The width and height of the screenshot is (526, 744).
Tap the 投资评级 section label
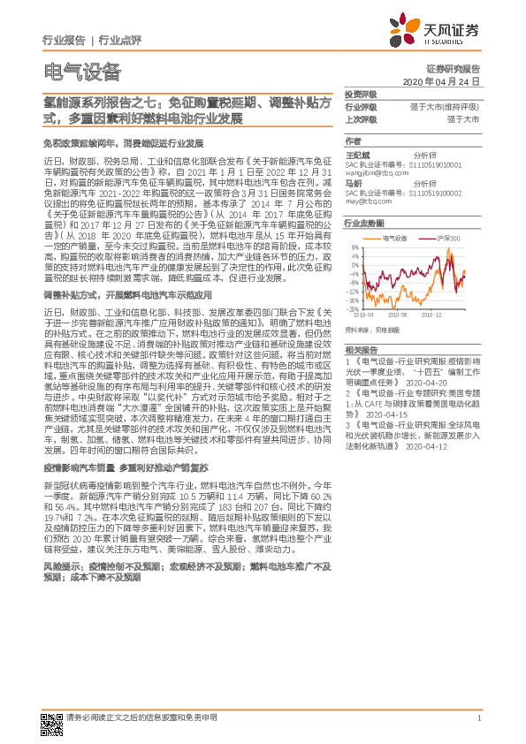click(x=360, y=95)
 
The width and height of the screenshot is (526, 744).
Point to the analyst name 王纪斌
click(x=356, y=154)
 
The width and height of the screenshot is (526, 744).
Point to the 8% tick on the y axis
click(x=354, y=247)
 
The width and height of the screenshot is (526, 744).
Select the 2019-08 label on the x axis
click(x=397, y=314)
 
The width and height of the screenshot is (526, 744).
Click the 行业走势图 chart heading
click(x=363, y=224)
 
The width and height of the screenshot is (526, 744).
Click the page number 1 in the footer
click(x=478, y=718)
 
